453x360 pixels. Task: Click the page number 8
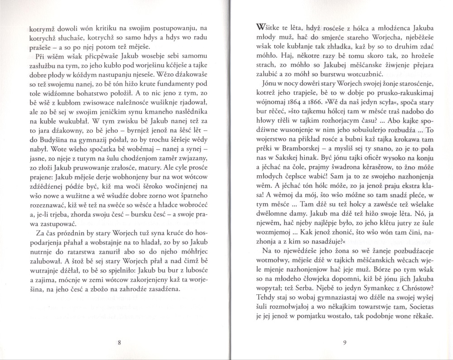(x=118, y=343)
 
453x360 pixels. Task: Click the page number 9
(x=345, y=343)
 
